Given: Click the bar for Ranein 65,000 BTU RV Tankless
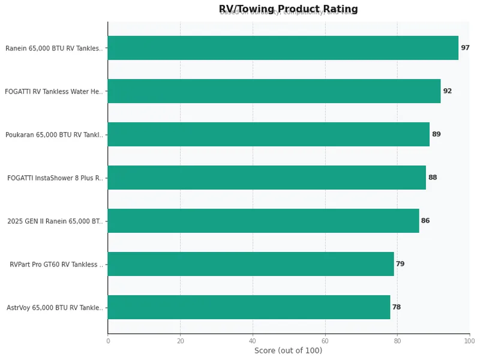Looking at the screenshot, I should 283,48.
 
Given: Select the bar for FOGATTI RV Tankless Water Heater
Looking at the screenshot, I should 274,91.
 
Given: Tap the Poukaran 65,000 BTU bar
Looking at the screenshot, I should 268,134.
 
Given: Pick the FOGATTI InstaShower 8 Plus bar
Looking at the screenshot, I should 266,178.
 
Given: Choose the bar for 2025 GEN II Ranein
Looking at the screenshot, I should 263,221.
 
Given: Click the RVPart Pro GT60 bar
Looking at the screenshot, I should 250,264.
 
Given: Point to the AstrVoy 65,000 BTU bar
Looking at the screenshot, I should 248,307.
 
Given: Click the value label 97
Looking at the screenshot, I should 465,48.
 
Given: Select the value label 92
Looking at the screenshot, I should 447,91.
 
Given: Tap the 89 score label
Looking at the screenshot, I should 436,134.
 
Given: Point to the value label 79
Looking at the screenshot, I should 400,264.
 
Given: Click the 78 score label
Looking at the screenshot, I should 397,307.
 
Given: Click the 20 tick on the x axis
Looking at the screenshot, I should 180,341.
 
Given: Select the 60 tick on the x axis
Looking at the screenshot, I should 325,341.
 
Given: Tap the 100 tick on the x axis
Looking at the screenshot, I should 469,341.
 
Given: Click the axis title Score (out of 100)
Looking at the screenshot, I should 288,351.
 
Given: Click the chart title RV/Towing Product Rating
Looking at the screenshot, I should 288,9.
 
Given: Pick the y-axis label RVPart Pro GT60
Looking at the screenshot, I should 56,265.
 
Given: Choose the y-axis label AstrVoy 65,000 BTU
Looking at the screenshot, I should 55,308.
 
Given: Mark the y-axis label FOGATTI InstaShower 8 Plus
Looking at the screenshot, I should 55,178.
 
